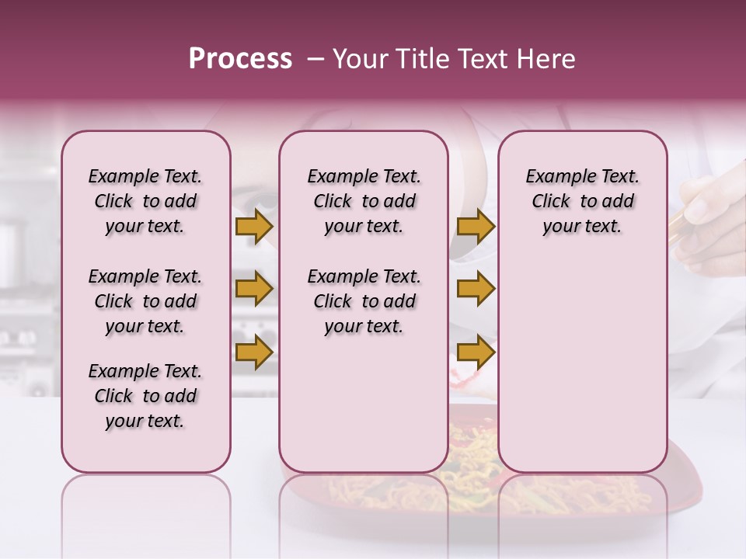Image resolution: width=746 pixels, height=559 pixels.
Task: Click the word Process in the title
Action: coord(240,59)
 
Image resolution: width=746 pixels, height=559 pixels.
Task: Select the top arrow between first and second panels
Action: coord(253,226)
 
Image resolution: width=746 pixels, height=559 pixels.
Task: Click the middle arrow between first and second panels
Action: coord(253,290)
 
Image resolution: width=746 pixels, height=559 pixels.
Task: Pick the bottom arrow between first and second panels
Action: coord(253,352)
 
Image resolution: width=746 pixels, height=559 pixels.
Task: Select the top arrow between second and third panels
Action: coord(476,226)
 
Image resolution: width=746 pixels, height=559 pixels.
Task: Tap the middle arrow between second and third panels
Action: coord(476,290)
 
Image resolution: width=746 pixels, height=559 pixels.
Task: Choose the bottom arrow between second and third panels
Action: coord(476,352)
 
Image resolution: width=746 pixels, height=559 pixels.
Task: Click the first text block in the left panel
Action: coord(145,201)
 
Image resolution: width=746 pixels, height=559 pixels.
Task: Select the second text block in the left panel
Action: coord(145,301)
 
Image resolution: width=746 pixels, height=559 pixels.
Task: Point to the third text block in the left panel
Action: coord(145,396)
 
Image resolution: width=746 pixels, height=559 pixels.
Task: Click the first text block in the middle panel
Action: coord(364,201)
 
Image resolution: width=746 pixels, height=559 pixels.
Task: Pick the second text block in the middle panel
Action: coord(364,301)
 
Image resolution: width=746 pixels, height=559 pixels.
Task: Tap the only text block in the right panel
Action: coord(582,201)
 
